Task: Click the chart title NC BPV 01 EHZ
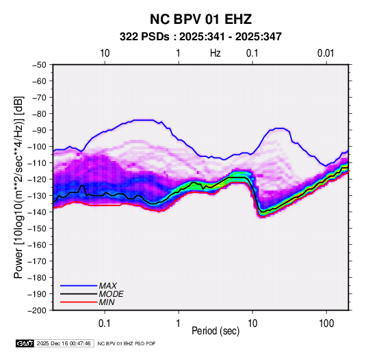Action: click(x=200, y=19)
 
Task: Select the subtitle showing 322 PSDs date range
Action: click(x=200, y=37)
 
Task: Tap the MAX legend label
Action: click(x=108, y=285)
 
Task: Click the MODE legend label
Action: click(x=111, y=294)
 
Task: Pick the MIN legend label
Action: click(x=107, y=302)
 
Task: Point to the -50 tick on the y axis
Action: click(x=39, y=65)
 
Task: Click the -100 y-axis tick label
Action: click(x=37, y=147)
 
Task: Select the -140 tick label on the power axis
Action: click(x=37, y=212)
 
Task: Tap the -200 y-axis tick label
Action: click(x=37, y=311)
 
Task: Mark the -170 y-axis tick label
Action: click(x=37, y=261)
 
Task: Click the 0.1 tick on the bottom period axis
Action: click(x=105, y=323)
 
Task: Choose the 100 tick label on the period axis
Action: click(x=326, y=323)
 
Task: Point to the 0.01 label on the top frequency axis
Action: click(x=326, y=53)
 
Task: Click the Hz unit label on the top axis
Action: click(x=215, y=53)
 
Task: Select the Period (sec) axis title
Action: click(x=215, y=331)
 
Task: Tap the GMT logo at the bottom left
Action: click(x=25, y=343)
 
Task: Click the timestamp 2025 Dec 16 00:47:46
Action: click(x=64, y=343)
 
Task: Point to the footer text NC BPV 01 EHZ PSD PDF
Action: click(x=127, y=343)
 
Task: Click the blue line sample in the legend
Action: click(x=79, y=285)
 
